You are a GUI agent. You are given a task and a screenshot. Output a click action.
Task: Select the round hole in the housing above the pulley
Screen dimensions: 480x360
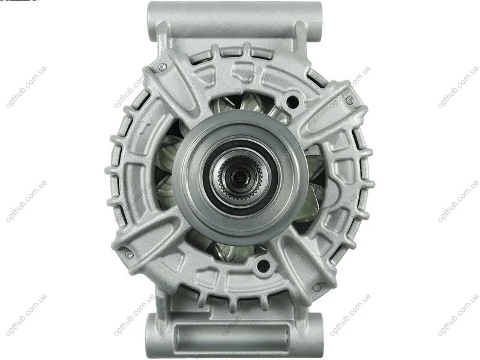tap(292, 101)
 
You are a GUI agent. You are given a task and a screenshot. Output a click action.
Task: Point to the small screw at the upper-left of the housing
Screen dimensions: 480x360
tap(162, 66)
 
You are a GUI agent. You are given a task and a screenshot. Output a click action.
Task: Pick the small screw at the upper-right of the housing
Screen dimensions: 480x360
tap(350, 100)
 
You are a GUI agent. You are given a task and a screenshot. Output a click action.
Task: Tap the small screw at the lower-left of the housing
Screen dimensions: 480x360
tap(129, 253)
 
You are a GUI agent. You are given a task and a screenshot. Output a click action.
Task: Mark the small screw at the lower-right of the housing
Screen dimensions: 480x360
tap(317, 287)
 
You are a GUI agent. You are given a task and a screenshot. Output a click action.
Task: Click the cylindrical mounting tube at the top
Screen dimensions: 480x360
tap(235, 22)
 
